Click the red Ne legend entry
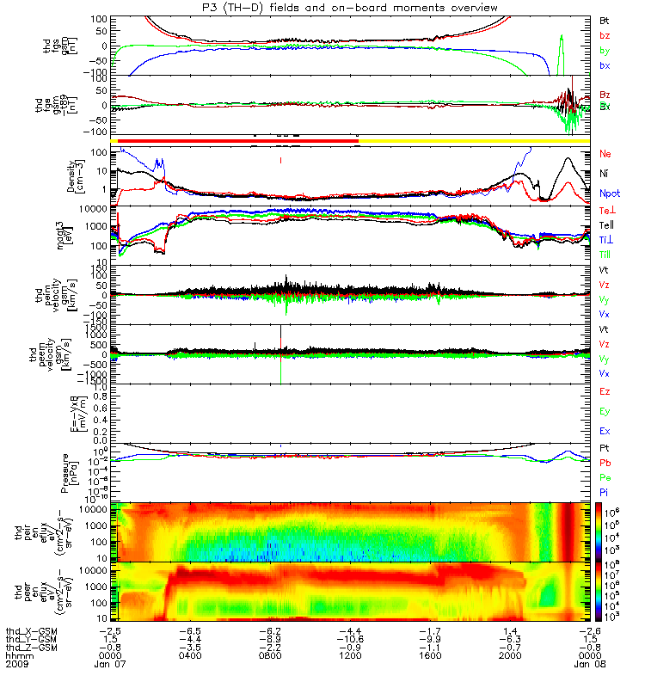point(605,153)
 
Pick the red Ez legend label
point(605,392)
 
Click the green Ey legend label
point(605,411)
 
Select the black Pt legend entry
point(605,449)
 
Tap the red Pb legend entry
point(605,463)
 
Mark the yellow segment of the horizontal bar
point(473,140)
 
